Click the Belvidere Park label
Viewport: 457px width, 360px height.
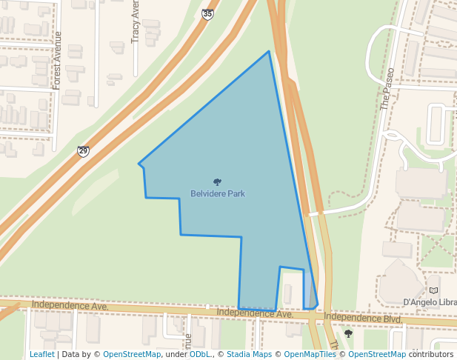pos(218,194)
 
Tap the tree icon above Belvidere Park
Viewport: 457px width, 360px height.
pos(217,181)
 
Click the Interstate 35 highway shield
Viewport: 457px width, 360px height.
pos(208,13)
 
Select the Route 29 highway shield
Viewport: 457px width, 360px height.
pos(83,151)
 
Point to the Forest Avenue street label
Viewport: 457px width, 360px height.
pos(57,65)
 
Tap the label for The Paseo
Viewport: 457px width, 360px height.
pos(385,90)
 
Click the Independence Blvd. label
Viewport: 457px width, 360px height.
pos(362,318)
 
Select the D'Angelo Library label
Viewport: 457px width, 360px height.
pos(430,302)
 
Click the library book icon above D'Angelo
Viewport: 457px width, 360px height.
pos(433,290)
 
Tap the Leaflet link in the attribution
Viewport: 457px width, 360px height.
pos(42,354)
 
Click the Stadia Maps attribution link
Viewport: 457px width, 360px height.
pos(249,354)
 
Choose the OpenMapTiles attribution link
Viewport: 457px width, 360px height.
pos(310,354)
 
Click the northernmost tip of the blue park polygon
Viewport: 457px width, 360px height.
pos(269,51)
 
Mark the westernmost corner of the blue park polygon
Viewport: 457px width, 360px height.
pos(139,164)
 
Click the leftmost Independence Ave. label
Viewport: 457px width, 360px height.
pos(70,305)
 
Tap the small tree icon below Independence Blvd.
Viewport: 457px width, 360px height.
pos(348,334)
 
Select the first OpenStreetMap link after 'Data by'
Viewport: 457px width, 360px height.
pos(132,354)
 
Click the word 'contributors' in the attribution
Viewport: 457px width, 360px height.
pos(431,354)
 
